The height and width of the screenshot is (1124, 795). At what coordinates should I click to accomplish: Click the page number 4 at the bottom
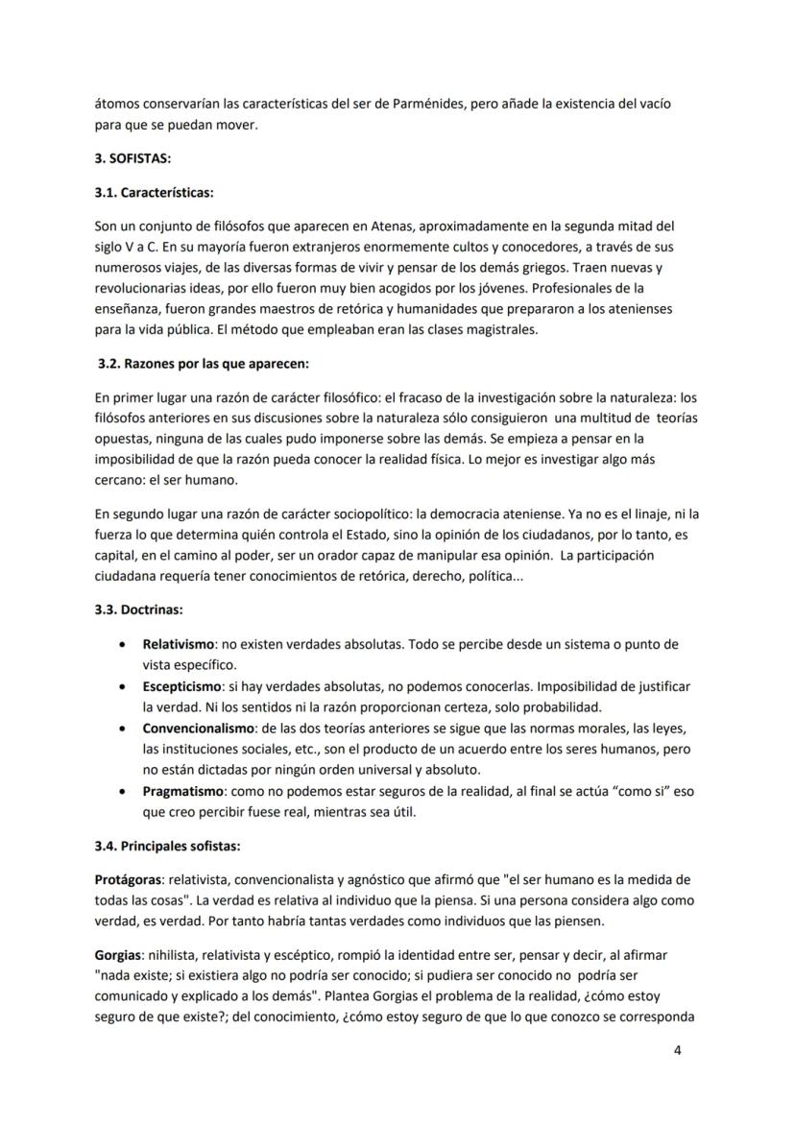(678, 1050)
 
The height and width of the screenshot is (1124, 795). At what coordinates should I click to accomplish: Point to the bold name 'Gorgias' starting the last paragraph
(118, 957)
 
